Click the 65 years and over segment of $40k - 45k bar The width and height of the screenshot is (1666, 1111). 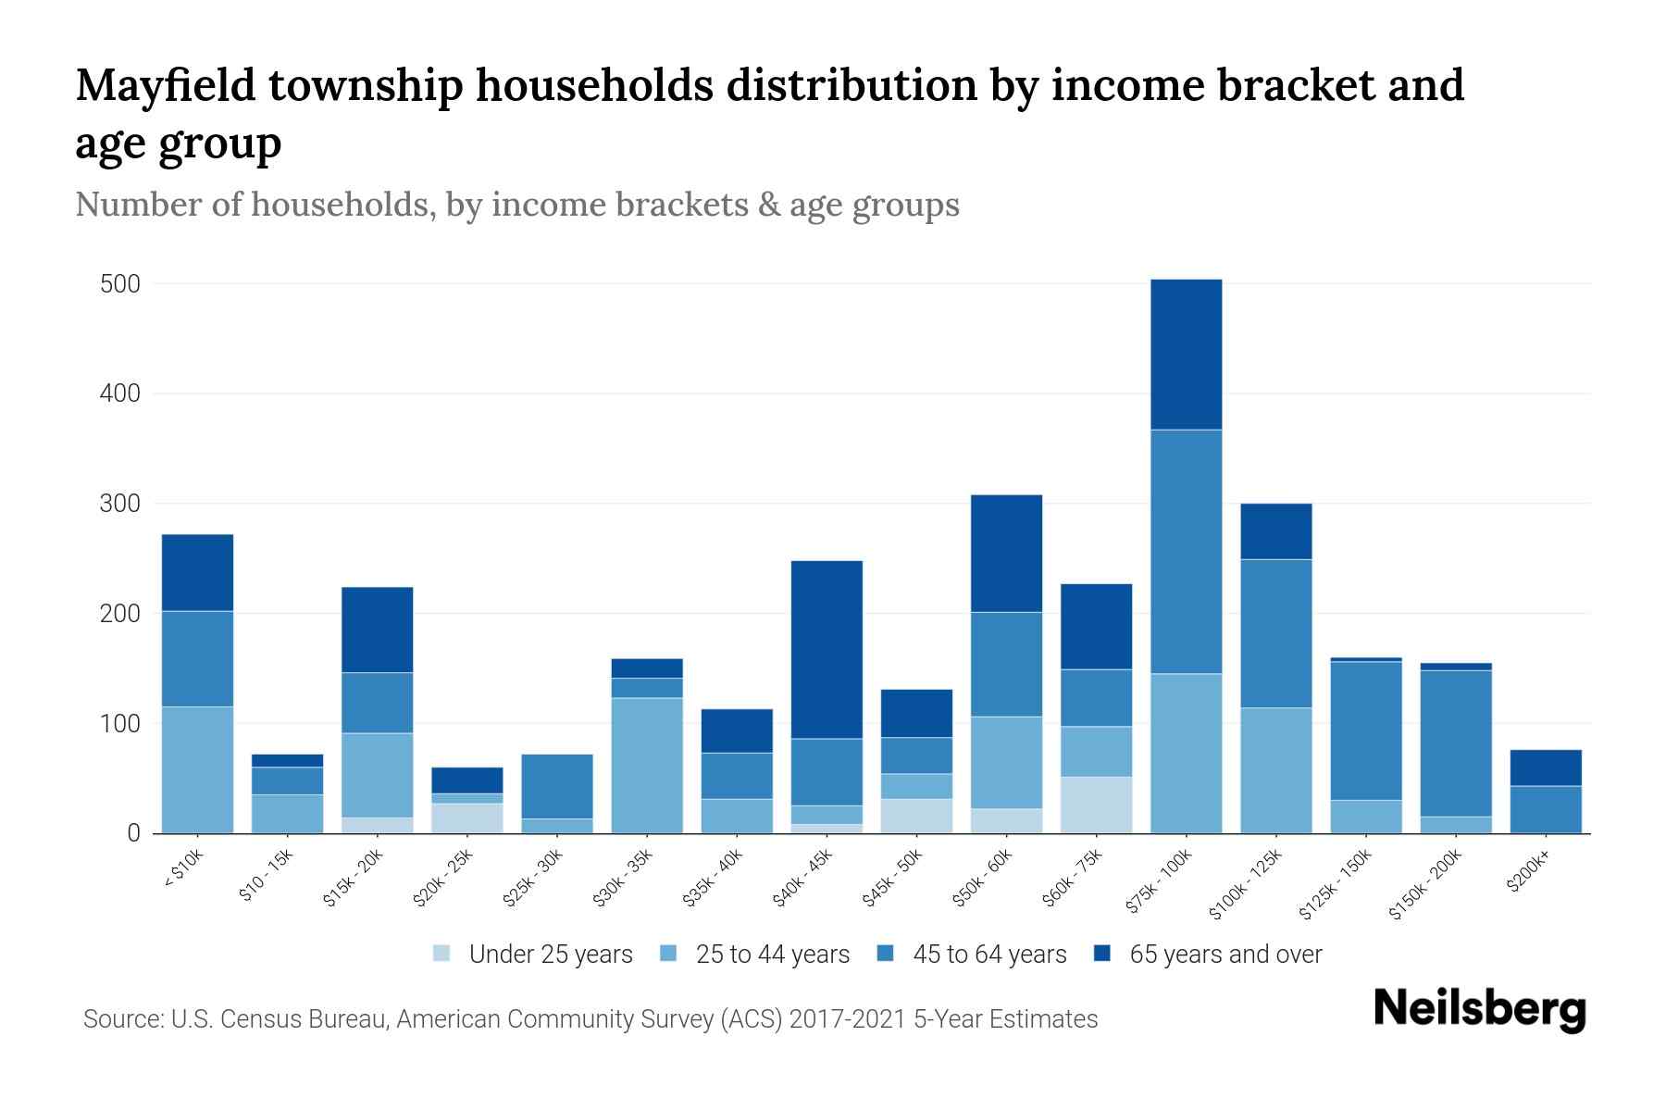point(827,649)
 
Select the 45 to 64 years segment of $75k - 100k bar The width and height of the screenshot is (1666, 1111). point(1186,551)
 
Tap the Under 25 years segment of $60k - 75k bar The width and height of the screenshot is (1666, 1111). point(1096,805)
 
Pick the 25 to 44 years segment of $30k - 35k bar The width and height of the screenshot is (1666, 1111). point(647,765)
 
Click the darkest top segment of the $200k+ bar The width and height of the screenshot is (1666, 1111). point(1546,768)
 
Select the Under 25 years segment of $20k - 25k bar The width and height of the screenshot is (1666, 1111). point(467,818)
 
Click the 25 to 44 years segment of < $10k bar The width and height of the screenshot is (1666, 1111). point(197,769)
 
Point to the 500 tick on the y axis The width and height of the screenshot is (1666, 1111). point(120,284)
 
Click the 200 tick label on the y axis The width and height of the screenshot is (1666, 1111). point(120,614)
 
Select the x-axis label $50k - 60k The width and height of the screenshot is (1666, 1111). point(983,879)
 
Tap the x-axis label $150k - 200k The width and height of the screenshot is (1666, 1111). point(1425,885)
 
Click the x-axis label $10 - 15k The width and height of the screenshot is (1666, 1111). point(267,877)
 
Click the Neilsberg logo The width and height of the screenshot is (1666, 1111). point(1479,1009)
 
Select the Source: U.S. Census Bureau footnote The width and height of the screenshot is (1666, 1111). point(590,1019)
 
